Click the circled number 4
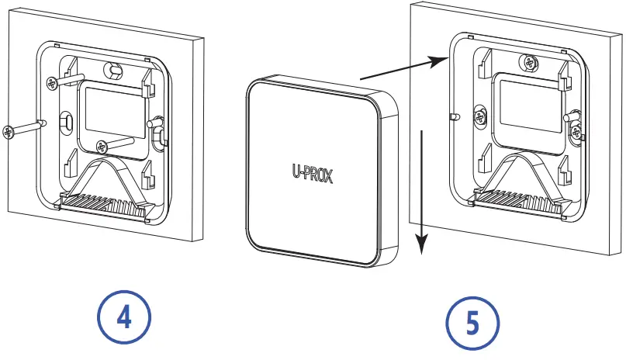(124, 317)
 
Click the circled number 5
(474, 322)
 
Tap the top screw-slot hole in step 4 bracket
(114, 71)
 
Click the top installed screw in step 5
(530, 63)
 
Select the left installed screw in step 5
(481, 117)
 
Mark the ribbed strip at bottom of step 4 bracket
(104, 204)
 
